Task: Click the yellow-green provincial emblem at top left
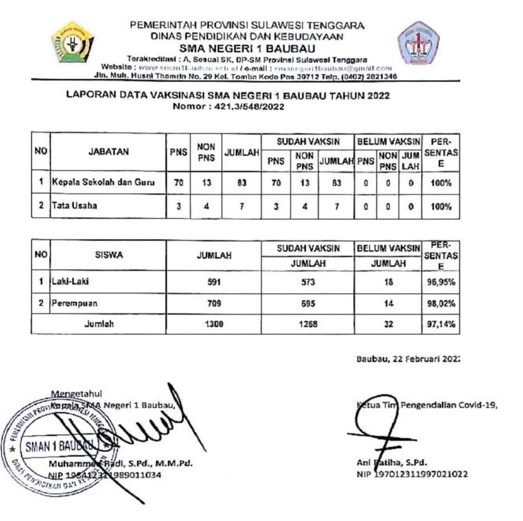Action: [x=73, y=42]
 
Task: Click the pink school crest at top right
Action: [x=418, y=43]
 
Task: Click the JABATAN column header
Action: [x=108, y=152]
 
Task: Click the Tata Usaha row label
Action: [x=75, y=206]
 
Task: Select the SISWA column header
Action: [x=108, y=255]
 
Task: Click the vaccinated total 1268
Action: [x=308, y=325]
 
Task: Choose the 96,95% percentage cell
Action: [x=440, y=281]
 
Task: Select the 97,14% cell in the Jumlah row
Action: [x=440, y=325]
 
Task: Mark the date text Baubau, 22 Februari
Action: [x=407, y=358]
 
